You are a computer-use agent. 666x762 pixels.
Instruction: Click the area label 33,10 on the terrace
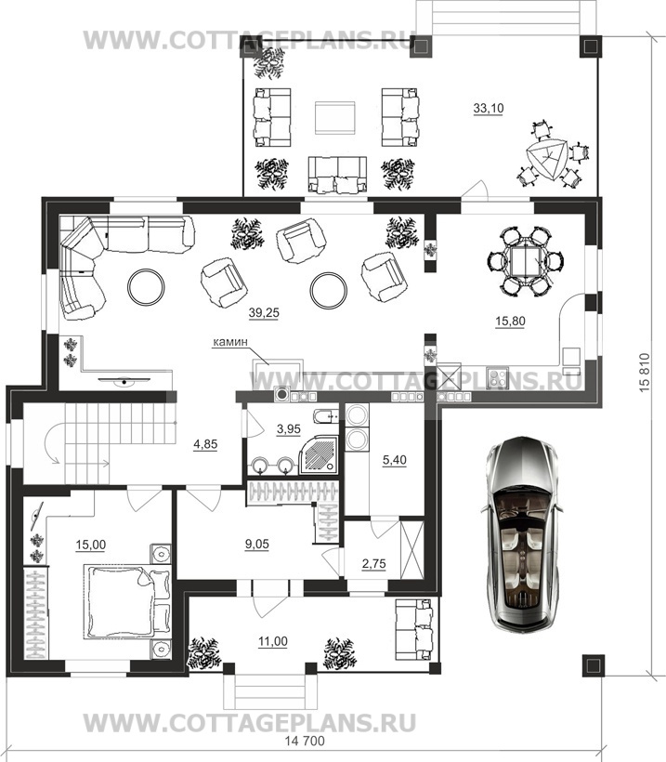(x=489, y=109)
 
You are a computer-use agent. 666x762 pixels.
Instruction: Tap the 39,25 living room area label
(x=264, y=313)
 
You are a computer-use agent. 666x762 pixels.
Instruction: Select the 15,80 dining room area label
(x=510, y=322)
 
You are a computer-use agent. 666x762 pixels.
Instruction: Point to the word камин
(x=229, y=342)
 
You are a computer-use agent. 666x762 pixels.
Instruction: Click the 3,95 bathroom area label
(x=289, y=429)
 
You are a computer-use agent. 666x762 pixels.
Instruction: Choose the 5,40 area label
(x=395, y=460)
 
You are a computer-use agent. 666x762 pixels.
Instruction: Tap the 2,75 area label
(x=374, y=564)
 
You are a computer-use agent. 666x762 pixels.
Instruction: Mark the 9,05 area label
(x=257, y=544)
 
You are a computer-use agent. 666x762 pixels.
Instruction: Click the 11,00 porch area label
(x=273, y=641)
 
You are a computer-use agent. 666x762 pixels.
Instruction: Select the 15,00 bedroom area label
(x=91, y=545)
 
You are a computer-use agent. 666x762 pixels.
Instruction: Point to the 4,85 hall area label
(x=205, y=443)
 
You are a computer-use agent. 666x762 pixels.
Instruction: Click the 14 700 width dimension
(x=305, y=742)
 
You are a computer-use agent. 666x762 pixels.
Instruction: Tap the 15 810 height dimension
(x=644, y=373)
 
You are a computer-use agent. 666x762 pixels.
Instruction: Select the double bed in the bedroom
(x=127, y=601)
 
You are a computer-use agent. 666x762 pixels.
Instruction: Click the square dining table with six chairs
(x=525, y=261)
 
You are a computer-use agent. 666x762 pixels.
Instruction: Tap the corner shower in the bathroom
(x=319, y=453)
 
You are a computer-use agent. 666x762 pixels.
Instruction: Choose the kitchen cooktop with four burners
(x=498, y=378)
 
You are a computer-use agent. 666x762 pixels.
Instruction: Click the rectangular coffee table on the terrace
(x=334, y=118)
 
